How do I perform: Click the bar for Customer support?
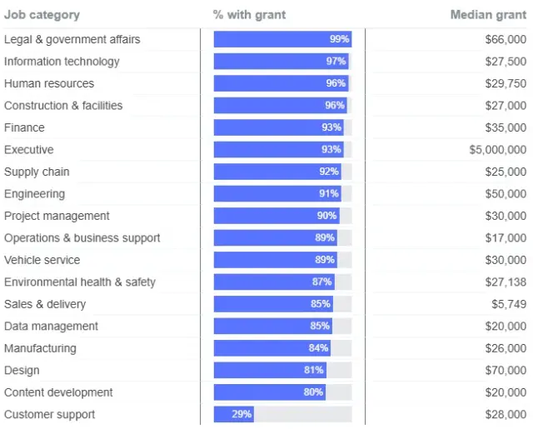coord(234,414)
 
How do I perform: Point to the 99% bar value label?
coord(339,39)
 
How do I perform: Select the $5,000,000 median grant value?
coord(498,150)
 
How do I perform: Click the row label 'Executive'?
coord(29,150)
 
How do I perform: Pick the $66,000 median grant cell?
coord(506,39)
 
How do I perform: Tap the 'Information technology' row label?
coord(62,62)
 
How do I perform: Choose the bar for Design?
coord(269,370)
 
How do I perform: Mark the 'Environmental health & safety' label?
coord(80,282)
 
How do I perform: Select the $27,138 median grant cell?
coord(506,282)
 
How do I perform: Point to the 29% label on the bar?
coord(242,414)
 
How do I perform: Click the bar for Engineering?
coord(277,194)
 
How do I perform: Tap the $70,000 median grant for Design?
coord(506,370)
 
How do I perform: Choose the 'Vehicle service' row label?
coord(42,260)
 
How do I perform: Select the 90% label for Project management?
coord(326,216)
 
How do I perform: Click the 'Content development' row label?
coord(58,392)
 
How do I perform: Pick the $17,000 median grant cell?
coord(506,238)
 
